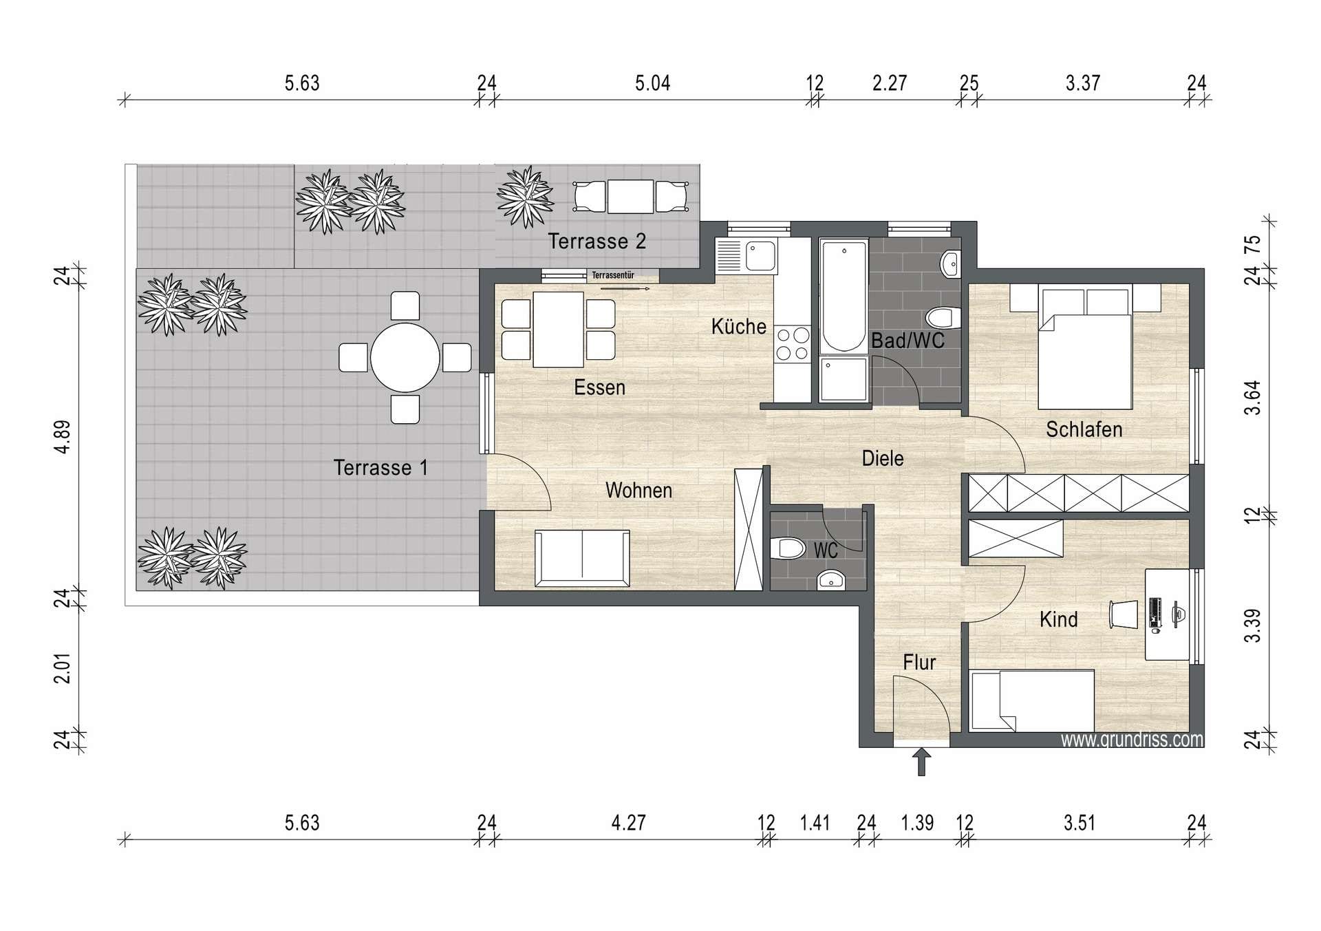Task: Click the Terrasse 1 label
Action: (x=380, y=468)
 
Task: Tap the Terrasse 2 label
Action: (x=597, y=242)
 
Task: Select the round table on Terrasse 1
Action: (x=405, y=358)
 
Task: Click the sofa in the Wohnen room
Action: (x=582, y=558)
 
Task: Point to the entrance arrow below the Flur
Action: (x=921, y=762)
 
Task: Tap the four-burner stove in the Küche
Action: (x=793, y=345)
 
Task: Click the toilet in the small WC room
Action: (x=788, y=548)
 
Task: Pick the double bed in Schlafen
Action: (x=1085, y=348)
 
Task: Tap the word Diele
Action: (x=883, y=458)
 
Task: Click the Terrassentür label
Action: (x=613, y=275)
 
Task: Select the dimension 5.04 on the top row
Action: (x=652, y=83)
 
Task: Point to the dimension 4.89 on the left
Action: (x=63, y=437)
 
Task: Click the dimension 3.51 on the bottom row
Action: (x=1079, y=823)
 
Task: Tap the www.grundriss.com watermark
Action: (x=1132, y=740)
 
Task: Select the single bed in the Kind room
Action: (x=1032, y=700)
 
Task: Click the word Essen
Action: (x=600, y=387)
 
